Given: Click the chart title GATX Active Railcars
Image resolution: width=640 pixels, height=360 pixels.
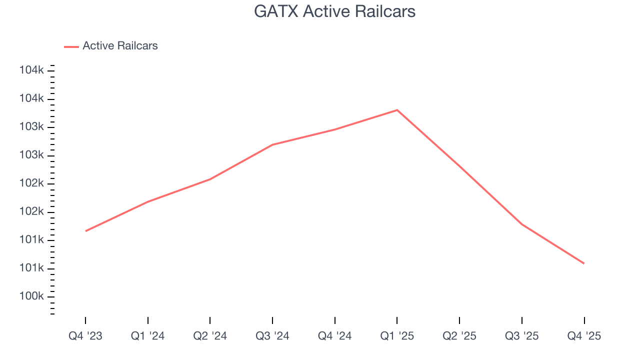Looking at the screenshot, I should coord(334,11).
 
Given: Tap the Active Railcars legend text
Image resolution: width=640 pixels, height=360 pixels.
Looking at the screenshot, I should coord(120,46).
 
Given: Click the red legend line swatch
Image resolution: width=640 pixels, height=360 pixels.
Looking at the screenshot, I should coord(71,46).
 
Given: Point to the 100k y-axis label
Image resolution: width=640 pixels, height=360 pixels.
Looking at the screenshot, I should coord(31,296).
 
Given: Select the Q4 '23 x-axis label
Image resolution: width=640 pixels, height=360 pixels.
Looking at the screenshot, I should coord(85,336).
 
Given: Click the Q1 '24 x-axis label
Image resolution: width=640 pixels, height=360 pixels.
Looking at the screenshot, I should coord(148,336).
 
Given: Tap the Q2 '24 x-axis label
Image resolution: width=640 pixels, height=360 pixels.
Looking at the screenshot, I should coord(210,336).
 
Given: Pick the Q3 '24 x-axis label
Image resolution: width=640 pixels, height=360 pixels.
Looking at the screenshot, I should coord(272,336).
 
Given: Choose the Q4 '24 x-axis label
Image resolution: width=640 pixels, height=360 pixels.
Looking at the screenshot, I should coord(334,336).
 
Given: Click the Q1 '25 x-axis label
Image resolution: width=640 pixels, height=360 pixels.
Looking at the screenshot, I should coord(397,336).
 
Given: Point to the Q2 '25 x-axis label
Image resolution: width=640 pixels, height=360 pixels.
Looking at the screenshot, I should coord(459,336).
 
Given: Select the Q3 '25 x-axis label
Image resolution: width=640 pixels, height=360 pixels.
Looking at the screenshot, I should coord(522,336).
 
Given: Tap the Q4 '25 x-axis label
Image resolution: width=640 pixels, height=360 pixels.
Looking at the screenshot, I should coord(584,336).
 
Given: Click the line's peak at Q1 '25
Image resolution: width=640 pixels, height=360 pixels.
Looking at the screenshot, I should coord(397,110).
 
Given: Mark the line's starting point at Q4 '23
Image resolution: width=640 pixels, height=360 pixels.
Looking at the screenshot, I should coord(85,231).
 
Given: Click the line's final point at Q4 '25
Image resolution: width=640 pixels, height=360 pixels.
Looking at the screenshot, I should coord(584,263).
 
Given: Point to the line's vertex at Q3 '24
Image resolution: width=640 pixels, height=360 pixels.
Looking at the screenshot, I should coord(272,145).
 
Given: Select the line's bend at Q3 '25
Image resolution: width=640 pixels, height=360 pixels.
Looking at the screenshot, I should coord(522,224).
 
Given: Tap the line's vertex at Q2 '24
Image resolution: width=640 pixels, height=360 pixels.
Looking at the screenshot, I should coord(210,179).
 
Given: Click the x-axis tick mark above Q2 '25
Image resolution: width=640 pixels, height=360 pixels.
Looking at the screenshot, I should coord(459,320).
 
